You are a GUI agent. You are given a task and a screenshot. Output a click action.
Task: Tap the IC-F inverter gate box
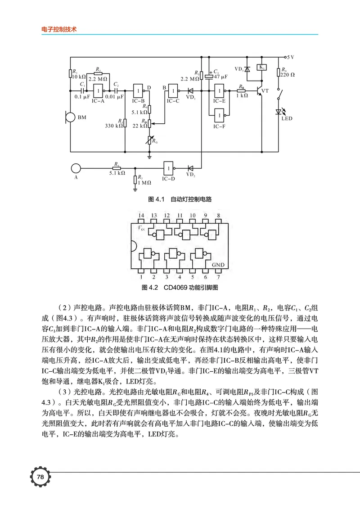[220, 116]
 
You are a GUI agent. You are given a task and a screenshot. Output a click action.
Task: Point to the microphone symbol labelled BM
[70, 118]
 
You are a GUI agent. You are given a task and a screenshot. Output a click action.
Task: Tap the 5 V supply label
[290, 57]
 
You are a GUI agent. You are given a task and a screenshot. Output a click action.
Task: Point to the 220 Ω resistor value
[288, 75]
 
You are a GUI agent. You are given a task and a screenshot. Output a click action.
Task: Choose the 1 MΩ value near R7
[145, 183]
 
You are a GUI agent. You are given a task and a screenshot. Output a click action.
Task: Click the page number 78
[40, 477]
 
